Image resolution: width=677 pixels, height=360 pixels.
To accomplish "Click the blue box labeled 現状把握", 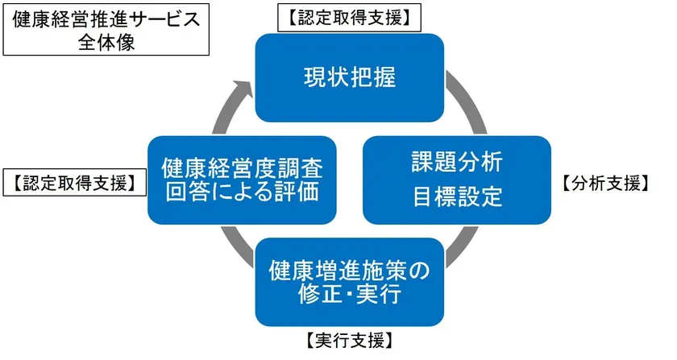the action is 350,77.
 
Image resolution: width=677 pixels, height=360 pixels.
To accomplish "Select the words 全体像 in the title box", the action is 106,43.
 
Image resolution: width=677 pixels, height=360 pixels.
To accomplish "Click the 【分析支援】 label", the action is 605,184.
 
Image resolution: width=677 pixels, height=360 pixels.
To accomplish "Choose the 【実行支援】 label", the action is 350,341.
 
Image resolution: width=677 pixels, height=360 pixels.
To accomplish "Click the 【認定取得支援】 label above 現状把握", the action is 349,19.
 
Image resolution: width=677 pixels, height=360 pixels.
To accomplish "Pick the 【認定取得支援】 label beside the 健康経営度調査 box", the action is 74,183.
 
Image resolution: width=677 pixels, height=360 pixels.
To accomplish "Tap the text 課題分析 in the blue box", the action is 457,163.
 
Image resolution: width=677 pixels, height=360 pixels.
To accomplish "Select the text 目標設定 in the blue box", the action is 457,197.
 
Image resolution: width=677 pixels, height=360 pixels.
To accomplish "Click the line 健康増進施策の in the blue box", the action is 349,271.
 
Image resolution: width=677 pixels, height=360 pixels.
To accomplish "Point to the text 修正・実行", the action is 350,295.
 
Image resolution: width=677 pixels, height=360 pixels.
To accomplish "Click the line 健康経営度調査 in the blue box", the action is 243,168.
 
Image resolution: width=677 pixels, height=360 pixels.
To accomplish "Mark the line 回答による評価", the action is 243,192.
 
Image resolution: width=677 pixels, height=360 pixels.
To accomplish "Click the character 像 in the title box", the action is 126,43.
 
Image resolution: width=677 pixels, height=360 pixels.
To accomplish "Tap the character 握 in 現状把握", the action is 384,77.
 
